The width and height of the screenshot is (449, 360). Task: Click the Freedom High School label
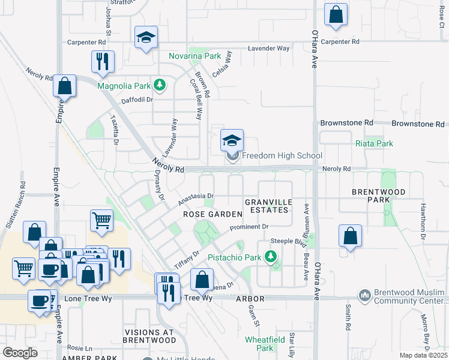pos(282,156)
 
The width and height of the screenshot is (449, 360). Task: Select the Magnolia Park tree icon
pos(159,85)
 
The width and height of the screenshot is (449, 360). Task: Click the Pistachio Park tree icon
pos(271,257)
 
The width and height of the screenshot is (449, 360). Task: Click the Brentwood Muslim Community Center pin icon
pos(364,296)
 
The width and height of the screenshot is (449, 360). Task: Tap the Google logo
pos(20,352)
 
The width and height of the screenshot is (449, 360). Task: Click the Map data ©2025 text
pos(423,355)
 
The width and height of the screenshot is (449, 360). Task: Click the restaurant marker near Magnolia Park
pos(103,62)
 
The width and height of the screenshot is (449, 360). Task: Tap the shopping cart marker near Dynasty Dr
pos(102,221)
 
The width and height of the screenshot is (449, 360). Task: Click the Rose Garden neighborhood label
pos(212,214)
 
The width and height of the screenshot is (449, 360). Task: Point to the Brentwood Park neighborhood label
pos(379,197)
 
